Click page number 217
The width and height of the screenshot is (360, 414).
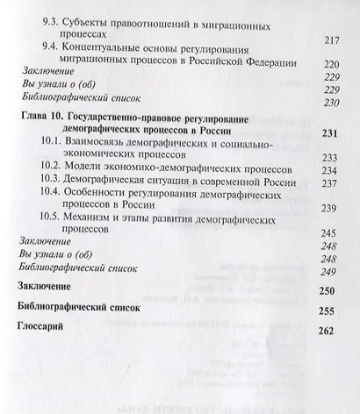(331, 40)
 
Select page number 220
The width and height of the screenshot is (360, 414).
(331, 65)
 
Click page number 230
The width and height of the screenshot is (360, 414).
(331, 103)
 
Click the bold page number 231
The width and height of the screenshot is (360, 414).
(330, 132)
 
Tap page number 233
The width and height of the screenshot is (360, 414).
(330, 157)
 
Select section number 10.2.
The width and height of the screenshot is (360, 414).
(54, 169)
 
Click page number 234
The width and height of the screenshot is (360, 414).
(330, 170)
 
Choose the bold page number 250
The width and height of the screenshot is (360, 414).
(328, 291)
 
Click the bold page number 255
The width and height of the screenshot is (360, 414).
(328, 310)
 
